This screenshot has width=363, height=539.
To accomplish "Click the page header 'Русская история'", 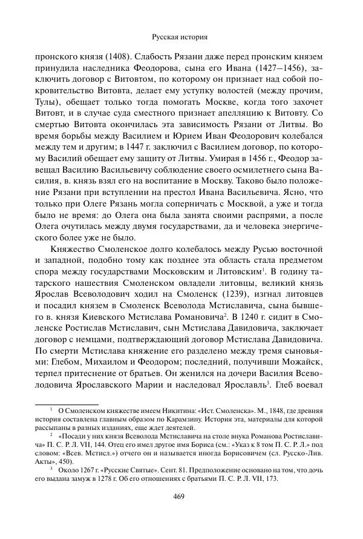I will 181,36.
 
